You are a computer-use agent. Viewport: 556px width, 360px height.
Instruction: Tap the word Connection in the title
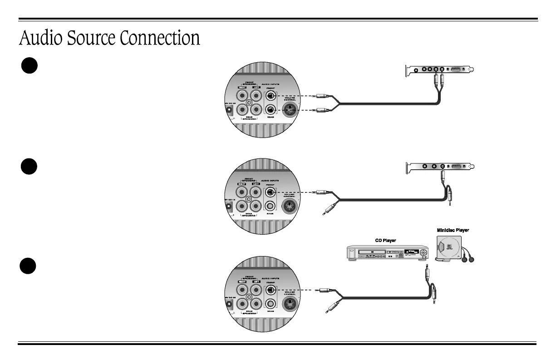point(160,38)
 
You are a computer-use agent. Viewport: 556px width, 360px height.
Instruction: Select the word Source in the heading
point(91,38)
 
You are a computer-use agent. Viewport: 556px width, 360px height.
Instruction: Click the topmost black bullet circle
point(28,65)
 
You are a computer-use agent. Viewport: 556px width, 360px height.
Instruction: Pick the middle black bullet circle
point(28,166)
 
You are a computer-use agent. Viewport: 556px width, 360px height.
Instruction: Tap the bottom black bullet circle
point(28,265)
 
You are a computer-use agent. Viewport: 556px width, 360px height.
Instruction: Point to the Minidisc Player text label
point(453,230)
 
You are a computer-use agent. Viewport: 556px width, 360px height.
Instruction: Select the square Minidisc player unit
point(448,248)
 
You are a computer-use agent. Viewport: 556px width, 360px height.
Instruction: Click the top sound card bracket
point(439,70)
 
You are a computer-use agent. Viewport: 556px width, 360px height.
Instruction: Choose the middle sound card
point(439,166)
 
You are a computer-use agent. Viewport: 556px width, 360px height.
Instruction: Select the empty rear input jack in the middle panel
point(271,205)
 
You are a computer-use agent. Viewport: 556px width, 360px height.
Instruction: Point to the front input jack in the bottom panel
point(271,290)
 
